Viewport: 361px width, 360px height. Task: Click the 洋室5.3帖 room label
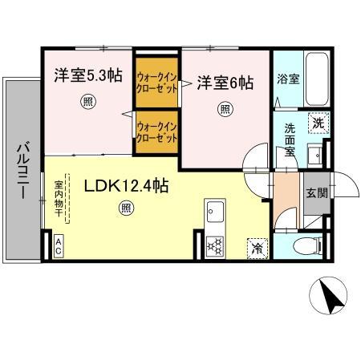point(88,77)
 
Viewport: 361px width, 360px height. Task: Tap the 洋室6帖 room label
point(226,83)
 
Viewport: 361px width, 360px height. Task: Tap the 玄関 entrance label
point(316,192)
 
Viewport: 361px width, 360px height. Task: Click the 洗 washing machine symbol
point(318,123)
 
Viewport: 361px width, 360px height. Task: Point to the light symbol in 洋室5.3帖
point(86,101)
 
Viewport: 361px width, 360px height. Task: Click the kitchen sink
point(216,213)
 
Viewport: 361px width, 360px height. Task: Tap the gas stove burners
point(216,245)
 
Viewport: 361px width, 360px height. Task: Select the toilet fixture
point(308,245)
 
